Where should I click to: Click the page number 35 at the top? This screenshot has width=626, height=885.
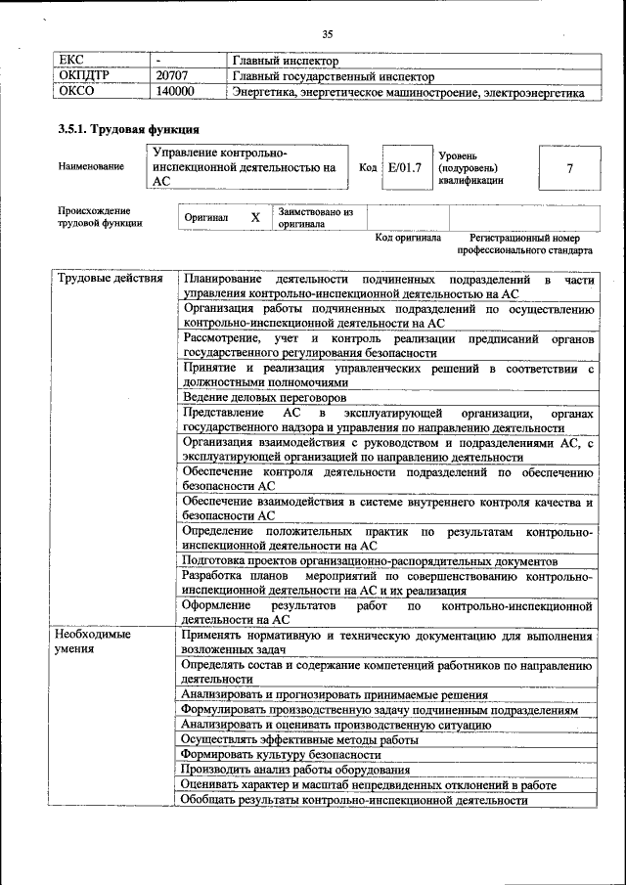[x=327, y=35]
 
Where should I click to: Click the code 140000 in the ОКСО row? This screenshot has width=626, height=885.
[x=175, y=92]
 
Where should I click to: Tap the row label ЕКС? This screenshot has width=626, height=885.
[x=73, y=61]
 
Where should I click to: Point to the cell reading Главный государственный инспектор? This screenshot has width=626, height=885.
[x=333, y=76]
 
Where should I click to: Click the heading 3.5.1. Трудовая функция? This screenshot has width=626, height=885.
[x=129, y=129]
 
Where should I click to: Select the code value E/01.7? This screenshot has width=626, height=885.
[x=404, y=167]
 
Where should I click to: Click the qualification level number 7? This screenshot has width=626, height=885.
[x=569, y=168]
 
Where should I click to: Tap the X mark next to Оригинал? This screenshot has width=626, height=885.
[x=254, y=217]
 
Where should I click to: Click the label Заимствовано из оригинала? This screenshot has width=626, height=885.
[x=315, y=216]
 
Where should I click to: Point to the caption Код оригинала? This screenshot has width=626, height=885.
[x=408, y=238]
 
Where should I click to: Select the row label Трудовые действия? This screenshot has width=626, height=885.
[x=110, y=280]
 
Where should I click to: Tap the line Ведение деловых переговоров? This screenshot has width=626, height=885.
[x=264, y=398]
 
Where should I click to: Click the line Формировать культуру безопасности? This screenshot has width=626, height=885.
[x=281, y=755]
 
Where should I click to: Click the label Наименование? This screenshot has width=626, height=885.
[x=91, y=167]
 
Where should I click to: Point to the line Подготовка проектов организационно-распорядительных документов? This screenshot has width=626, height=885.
[x=371, y=561]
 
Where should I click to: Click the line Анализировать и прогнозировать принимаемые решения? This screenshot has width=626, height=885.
[x=335, y=694]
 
